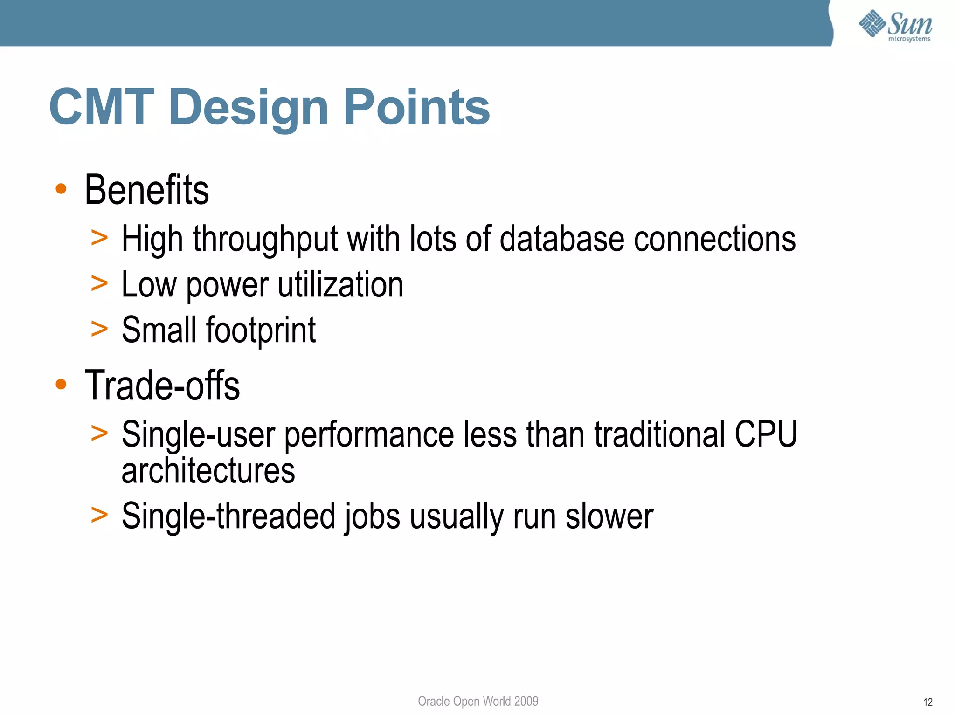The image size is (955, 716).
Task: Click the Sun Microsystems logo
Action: click(x=895, y=26)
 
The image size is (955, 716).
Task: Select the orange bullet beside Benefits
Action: click(x=61, y=189)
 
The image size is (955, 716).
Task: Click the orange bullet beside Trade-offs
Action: click(x=61, y=385)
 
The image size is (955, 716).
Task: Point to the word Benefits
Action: click(x=146, y=190)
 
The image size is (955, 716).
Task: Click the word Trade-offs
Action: click(x=162, y=386)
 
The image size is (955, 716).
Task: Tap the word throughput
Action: click(x=265, y=239)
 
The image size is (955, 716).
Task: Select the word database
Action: click(x=561, y=239)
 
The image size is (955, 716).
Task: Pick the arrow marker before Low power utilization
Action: click(x=99, y=283)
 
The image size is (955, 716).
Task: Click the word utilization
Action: click(x=340, y=284)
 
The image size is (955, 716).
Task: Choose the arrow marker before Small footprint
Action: click(x=99, y=329)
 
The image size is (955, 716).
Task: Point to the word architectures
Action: click(x=208, y=471)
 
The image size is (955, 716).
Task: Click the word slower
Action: click(x=609, y=516)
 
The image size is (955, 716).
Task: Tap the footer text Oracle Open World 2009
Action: click(x=478, y=701)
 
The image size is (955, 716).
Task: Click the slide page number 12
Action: click(x=927, y=702)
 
